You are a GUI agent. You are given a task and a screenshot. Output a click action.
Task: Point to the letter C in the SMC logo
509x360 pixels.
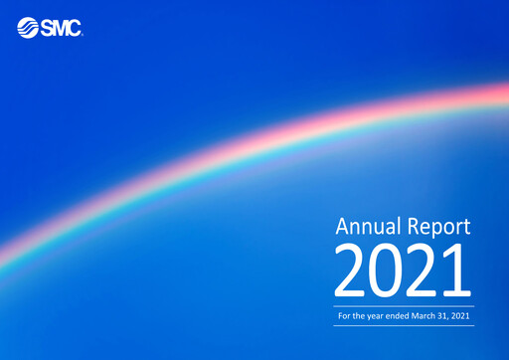click(74, 28)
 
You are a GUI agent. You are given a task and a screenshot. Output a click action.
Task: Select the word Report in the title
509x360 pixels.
click(438, 227)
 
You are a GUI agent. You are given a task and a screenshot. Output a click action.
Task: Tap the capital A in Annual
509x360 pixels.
click(342, 226)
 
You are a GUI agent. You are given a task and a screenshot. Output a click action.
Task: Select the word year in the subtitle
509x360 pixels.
click(376, 316)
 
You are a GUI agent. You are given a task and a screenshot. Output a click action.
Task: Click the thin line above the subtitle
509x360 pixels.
click(405, 306)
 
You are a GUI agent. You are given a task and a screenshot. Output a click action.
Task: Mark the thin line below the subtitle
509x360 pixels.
click(405, 325)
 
